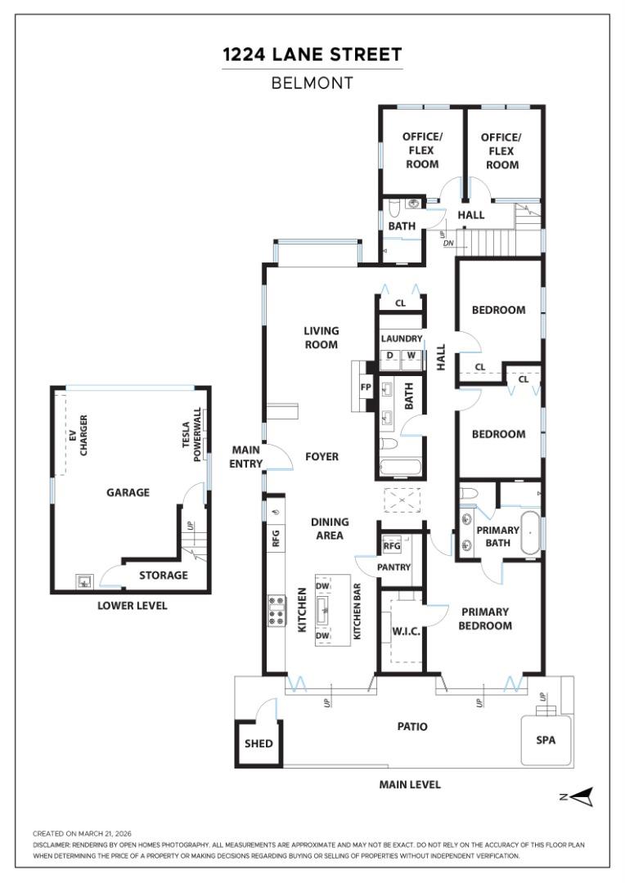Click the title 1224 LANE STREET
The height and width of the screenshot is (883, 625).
click(x=312, y=55)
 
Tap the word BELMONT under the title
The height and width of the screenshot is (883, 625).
click(x=312, y=83)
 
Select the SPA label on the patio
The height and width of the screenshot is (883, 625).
click(x=546, y=740)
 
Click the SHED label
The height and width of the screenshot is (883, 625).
click(x=259, y=743)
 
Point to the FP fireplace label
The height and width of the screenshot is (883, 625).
click(x=366, y=388)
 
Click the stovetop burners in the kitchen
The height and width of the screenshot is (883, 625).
click(x=277, y=611)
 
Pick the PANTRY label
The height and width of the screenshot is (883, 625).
click(x=394, y=567)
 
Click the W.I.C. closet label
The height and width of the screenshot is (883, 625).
click(x=407, y=632)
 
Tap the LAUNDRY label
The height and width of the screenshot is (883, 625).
click(x=402, y=338)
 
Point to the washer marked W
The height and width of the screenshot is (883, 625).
click(x=411, y=356)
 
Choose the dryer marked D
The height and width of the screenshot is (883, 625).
click(x=390, y=356)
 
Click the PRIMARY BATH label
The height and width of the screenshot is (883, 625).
click(x=498, y=536)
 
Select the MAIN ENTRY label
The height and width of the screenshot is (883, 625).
click(x=246, y=457)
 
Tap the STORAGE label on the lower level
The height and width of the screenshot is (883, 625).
click(x=164, y=575)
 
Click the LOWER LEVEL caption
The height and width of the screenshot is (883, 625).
click(x=133, y=606)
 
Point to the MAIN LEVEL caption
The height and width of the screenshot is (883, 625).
click(x=410, y=784)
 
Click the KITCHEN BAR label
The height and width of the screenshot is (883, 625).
click(x=357, y=612)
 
